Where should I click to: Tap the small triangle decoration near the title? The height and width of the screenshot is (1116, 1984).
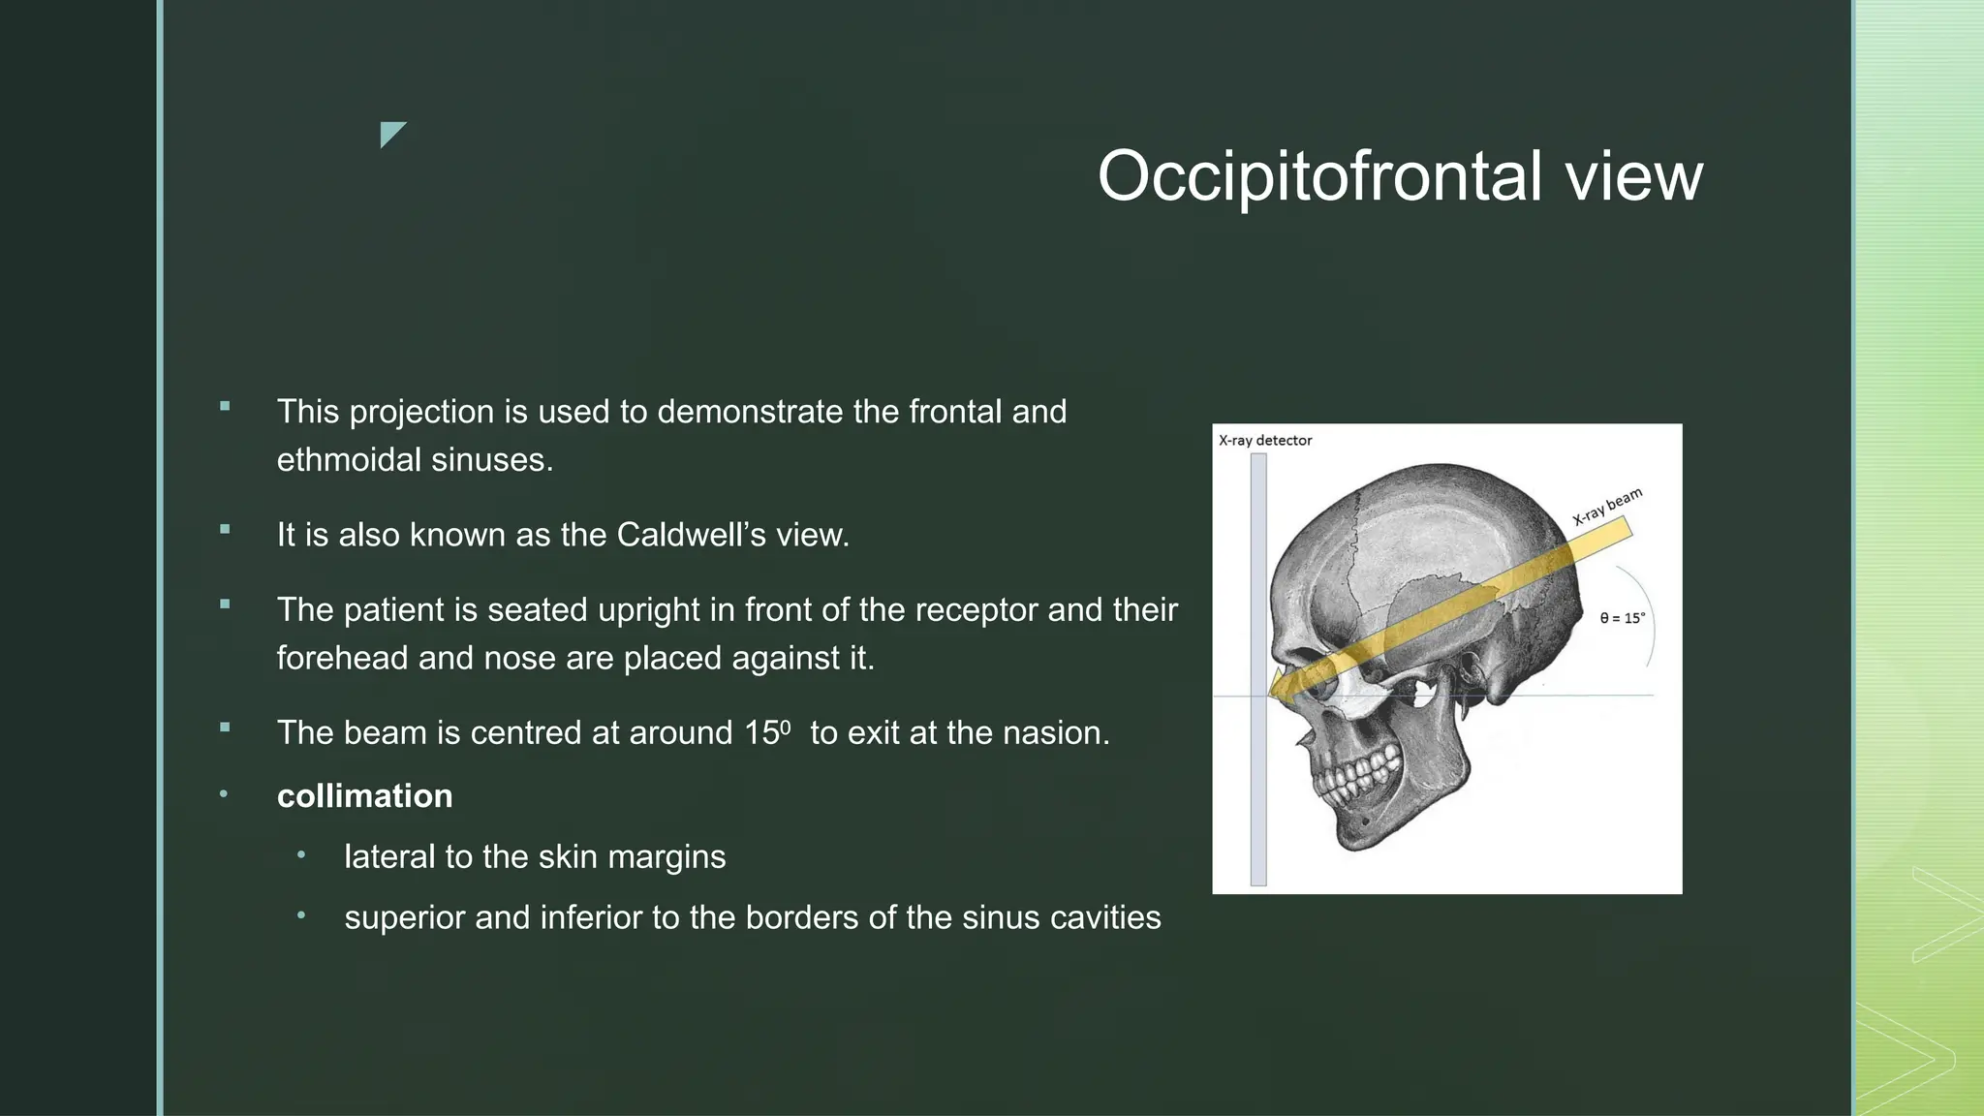pos(390,133)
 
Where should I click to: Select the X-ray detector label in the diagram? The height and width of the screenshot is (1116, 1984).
pos(1265,441)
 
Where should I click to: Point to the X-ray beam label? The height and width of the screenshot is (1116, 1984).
pos(1607,507)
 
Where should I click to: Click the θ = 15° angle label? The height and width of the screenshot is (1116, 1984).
pos(1622,618)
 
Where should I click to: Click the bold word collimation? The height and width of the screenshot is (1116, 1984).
pos(364,796)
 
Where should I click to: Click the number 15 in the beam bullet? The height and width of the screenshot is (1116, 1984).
pos(762,732)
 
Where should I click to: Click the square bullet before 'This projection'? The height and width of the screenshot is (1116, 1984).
pos(225,407)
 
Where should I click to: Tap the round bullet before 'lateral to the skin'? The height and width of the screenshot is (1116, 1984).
pos(301,854)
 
